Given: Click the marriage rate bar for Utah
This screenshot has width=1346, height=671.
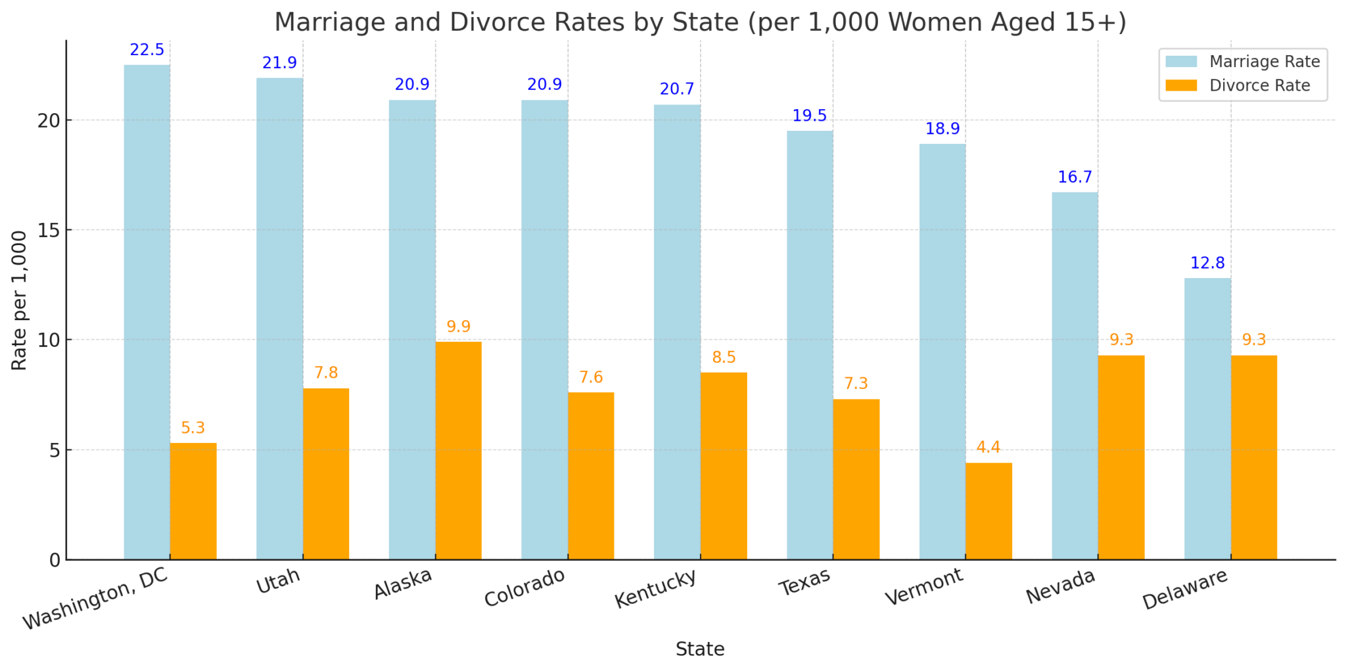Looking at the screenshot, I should pyautogui.click(x=279, y=319).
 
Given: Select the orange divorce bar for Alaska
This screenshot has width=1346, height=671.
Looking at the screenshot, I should pyautogui.click(x=458, y=450).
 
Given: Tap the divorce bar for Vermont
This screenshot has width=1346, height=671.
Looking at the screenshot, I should pyautogui.click(x=988, y=511).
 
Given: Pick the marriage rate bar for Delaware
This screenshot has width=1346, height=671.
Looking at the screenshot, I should pyautogui.click(x=1207, y=419).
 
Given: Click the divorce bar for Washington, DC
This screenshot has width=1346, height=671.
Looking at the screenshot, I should pyautogui.click(x=193, y=501).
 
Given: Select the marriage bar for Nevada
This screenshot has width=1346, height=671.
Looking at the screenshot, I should pyautogui.click(x=1075, y=375).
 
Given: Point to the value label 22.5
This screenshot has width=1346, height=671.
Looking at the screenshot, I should pyautogui.click(x=147, y=51).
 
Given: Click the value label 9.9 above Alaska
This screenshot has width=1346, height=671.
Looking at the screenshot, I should pyautogui.click(x=458, y=327).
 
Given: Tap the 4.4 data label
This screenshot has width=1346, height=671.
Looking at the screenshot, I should pyautogui.click(x=988, y=448).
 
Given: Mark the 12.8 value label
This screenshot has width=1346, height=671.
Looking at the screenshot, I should pyautogui.click(x=1207, y=264).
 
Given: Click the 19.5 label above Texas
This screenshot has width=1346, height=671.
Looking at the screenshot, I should pyautogui.click(x=809, y=116).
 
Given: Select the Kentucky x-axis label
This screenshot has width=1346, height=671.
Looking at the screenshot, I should pyautogui.click(x=655, y=588).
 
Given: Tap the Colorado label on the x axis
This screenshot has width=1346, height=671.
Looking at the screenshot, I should pyautogui.click(x=524, y=588).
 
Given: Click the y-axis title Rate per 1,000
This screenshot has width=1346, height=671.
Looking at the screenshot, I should pyautogui.click(x=20, y=300).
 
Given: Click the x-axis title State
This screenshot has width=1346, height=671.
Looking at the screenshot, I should pyautogui.click(x=700, y=649).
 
